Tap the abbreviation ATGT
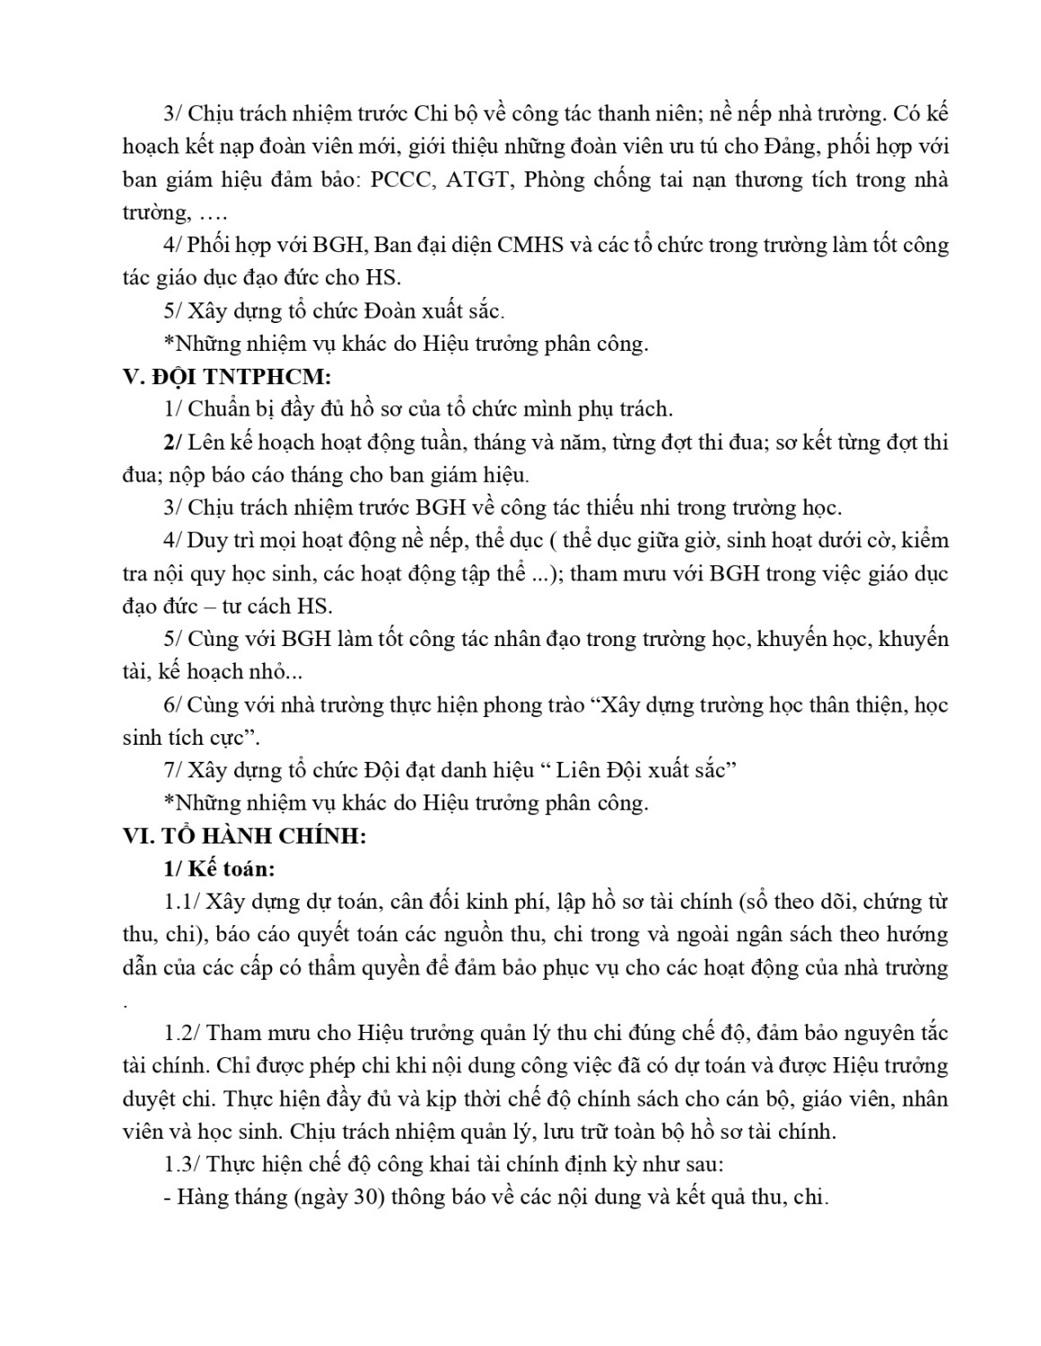(478, 179)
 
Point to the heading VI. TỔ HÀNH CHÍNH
(244, 835)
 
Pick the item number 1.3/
(182, 1164)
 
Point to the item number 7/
(172, 770)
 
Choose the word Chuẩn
(220, 409)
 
